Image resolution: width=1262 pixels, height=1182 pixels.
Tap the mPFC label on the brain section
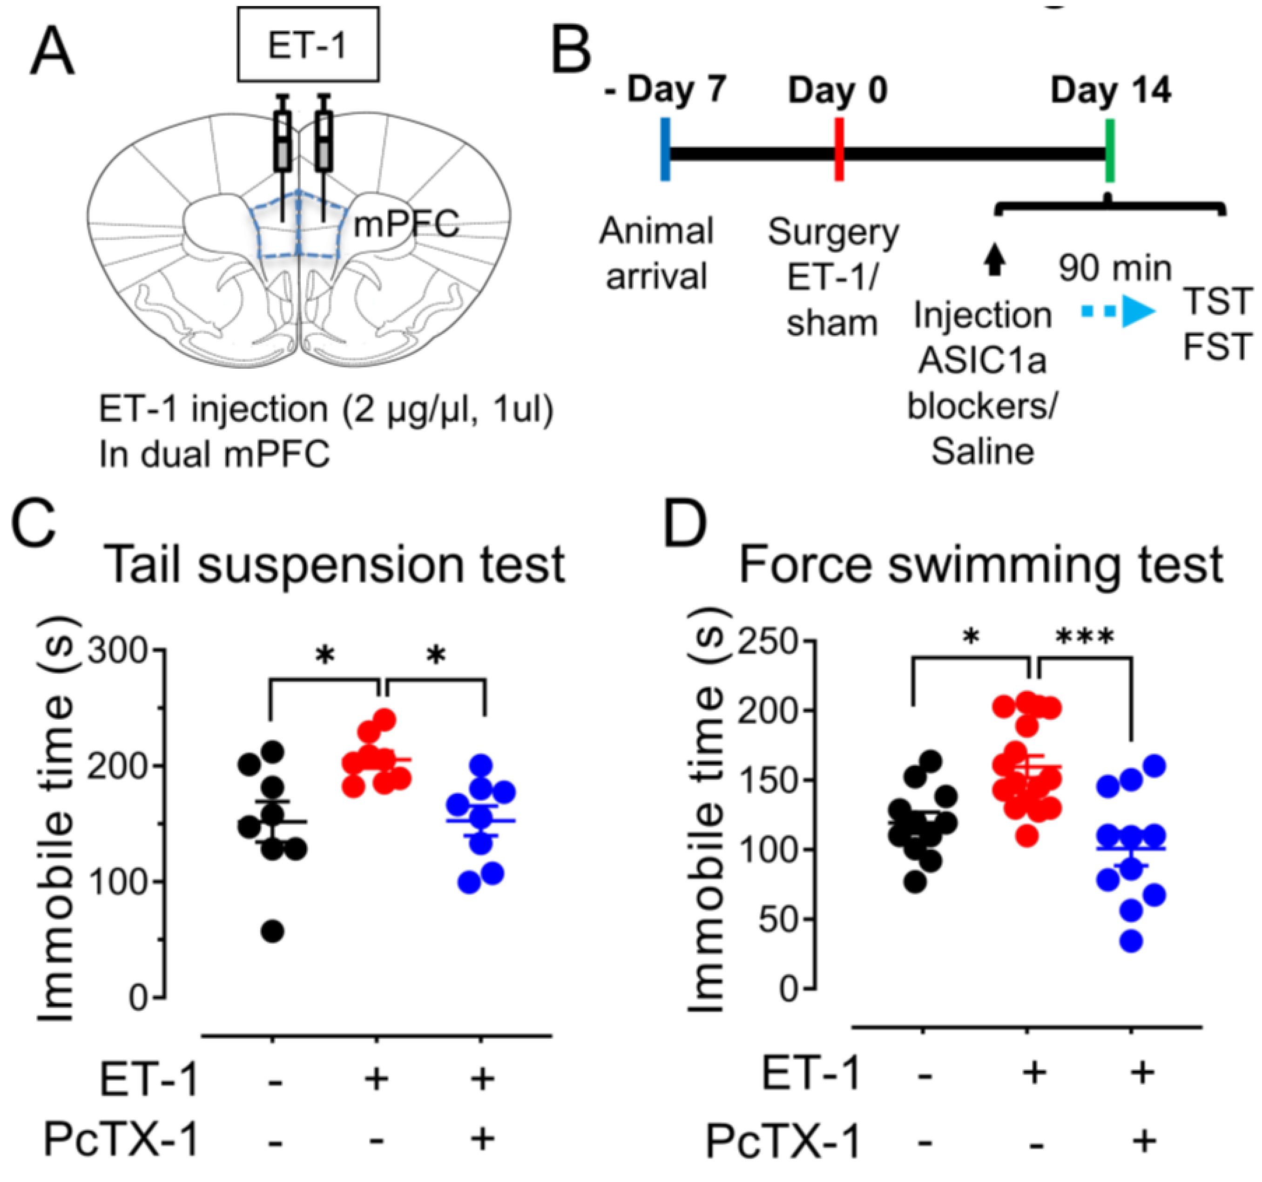[406, 223]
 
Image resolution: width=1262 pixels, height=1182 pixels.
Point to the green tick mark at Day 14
[1110, 150]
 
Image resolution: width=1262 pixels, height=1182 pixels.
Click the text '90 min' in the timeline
[1115, 269]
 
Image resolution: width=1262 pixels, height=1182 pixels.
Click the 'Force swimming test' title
[981, 564]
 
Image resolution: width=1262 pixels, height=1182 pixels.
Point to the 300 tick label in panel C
[117, 651]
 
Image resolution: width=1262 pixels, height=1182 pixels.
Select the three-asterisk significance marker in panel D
[1084, 637]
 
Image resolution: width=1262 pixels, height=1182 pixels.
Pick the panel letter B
[571, 51]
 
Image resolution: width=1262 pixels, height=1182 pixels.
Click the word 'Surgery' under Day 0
[833, 232]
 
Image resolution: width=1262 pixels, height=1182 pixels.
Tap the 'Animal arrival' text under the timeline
[656, 253]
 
